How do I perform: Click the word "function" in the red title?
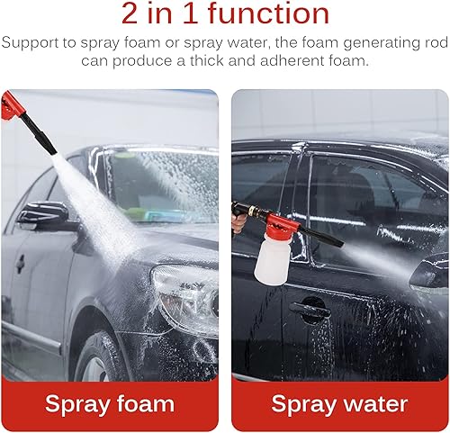coord(269,14)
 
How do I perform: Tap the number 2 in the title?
coord(130,14)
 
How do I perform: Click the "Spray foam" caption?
coord(110,404)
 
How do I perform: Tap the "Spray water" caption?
coord(339,404)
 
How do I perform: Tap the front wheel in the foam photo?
coord(99,357)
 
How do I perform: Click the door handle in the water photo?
coord(309,309)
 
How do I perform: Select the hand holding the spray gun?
coord(238,221)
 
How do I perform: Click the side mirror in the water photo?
coord(429,275)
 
